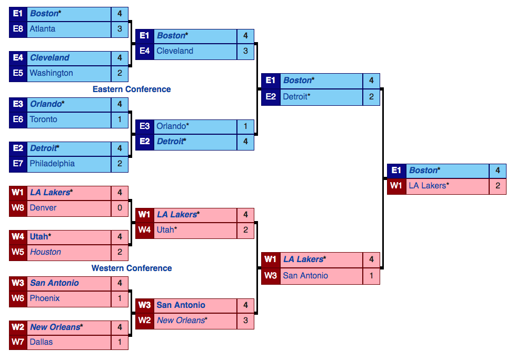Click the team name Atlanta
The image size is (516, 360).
coord(43,29)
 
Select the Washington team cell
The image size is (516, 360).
coord(51,73)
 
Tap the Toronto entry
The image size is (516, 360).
coord(44,119)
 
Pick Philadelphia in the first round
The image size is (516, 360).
coord(52,164)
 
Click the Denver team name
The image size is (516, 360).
coord(43,208)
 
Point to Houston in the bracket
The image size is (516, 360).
coord(45,252)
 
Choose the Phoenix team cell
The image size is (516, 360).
coord(45,298)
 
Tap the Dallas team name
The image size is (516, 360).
coord(41,342)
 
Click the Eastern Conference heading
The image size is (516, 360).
coord(132,89)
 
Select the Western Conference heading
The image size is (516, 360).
coord(132,268)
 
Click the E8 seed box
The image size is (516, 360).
coord(18,29)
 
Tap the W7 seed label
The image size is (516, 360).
coord(18,342)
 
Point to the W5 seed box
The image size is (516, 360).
coord(18,252)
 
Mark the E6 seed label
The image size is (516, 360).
coord(18,119)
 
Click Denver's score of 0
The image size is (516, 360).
coord(120,208)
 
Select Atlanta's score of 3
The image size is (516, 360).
coord(120,29)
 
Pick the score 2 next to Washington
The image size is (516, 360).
coord(120,73)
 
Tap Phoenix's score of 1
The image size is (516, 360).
coord(120,298)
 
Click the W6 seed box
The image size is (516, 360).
coord(18,298)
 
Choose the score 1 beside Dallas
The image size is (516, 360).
coord(120,342)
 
